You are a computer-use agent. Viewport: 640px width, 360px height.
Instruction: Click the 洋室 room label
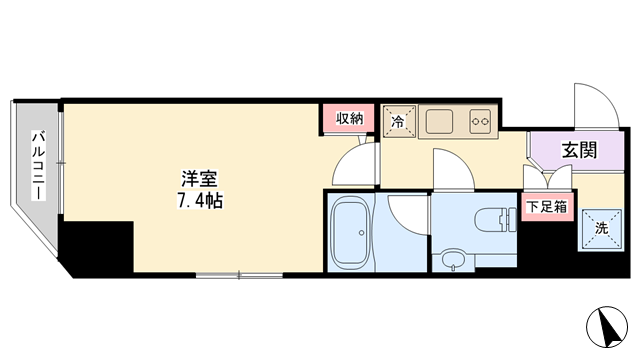pos(200,179)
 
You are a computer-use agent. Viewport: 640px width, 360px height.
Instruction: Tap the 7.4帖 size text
pos(200,200)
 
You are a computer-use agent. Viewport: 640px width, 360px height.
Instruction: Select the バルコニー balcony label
pos(39,165)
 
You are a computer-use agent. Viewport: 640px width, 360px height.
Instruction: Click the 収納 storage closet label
pos(349,118)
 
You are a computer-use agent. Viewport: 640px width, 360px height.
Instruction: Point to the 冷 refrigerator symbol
pos(399,121)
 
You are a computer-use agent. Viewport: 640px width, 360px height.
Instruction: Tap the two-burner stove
pos(480,121)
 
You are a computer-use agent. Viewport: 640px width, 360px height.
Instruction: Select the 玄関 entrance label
pos(579,150)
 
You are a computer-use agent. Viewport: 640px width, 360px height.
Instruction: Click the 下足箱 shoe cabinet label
pos(547,207)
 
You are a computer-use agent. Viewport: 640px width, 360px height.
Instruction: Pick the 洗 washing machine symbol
pos(602,229)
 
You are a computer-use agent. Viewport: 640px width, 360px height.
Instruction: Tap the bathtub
pos(351,232)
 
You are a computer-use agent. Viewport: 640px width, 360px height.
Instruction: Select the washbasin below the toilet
pos(453,259)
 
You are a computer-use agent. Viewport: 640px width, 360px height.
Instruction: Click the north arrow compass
pos(607,327)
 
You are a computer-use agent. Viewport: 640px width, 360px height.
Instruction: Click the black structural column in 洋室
pos(97,247)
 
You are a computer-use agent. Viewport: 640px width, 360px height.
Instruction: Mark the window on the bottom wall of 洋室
pos(239,276)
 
